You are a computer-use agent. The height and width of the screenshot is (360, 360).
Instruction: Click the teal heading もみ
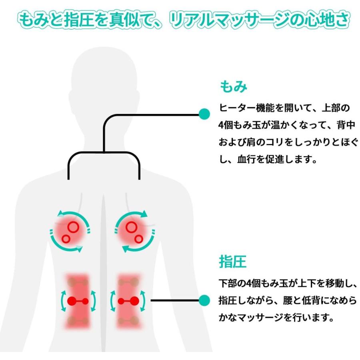click(234, 86)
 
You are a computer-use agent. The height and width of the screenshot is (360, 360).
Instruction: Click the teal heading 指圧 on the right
click(232, 262)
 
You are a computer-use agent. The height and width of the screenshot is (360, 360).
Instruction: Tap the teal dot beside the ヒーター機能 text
click(204, 114)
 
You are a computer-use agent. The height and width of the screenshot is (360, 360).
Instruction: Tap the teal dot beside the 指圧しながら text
click(204, 300)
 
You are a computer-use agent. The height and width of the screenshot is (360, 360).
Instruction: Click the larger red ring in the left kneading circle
click(73, 227)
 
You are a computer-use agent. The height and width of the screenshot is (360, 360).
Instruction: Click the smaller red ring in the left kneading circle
click(66, 239)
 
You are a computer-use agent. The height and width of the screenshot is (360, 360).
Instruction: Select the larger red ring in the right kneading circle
click(131, 227)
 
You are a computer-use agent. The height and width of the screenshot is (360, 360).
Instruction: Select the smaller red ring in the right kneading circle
click(139, 239)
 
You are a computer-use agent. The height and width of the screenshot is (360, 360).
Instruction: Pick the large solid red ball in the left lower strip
click(72, 301)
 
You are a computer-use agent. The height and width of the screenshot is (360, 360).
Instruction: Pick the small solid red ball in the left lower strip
click(85, 301)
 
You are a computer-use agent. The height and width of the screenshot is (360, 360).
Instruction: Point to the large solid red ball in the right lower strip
click(134, 301)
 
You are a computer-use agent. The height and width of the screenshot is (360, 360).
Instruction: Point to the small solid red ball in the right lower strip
click(121, 301)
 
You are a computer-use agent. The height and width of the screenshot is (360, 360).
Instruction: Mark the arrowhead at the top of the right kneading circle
click(144, 214)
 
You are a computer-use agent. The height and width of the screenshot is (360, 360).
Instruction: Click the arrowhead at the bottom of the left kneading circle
click(79, 248)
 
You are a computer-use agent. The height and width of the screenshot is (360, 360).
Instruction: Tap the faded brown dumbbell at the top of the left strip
click(78, 282)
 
